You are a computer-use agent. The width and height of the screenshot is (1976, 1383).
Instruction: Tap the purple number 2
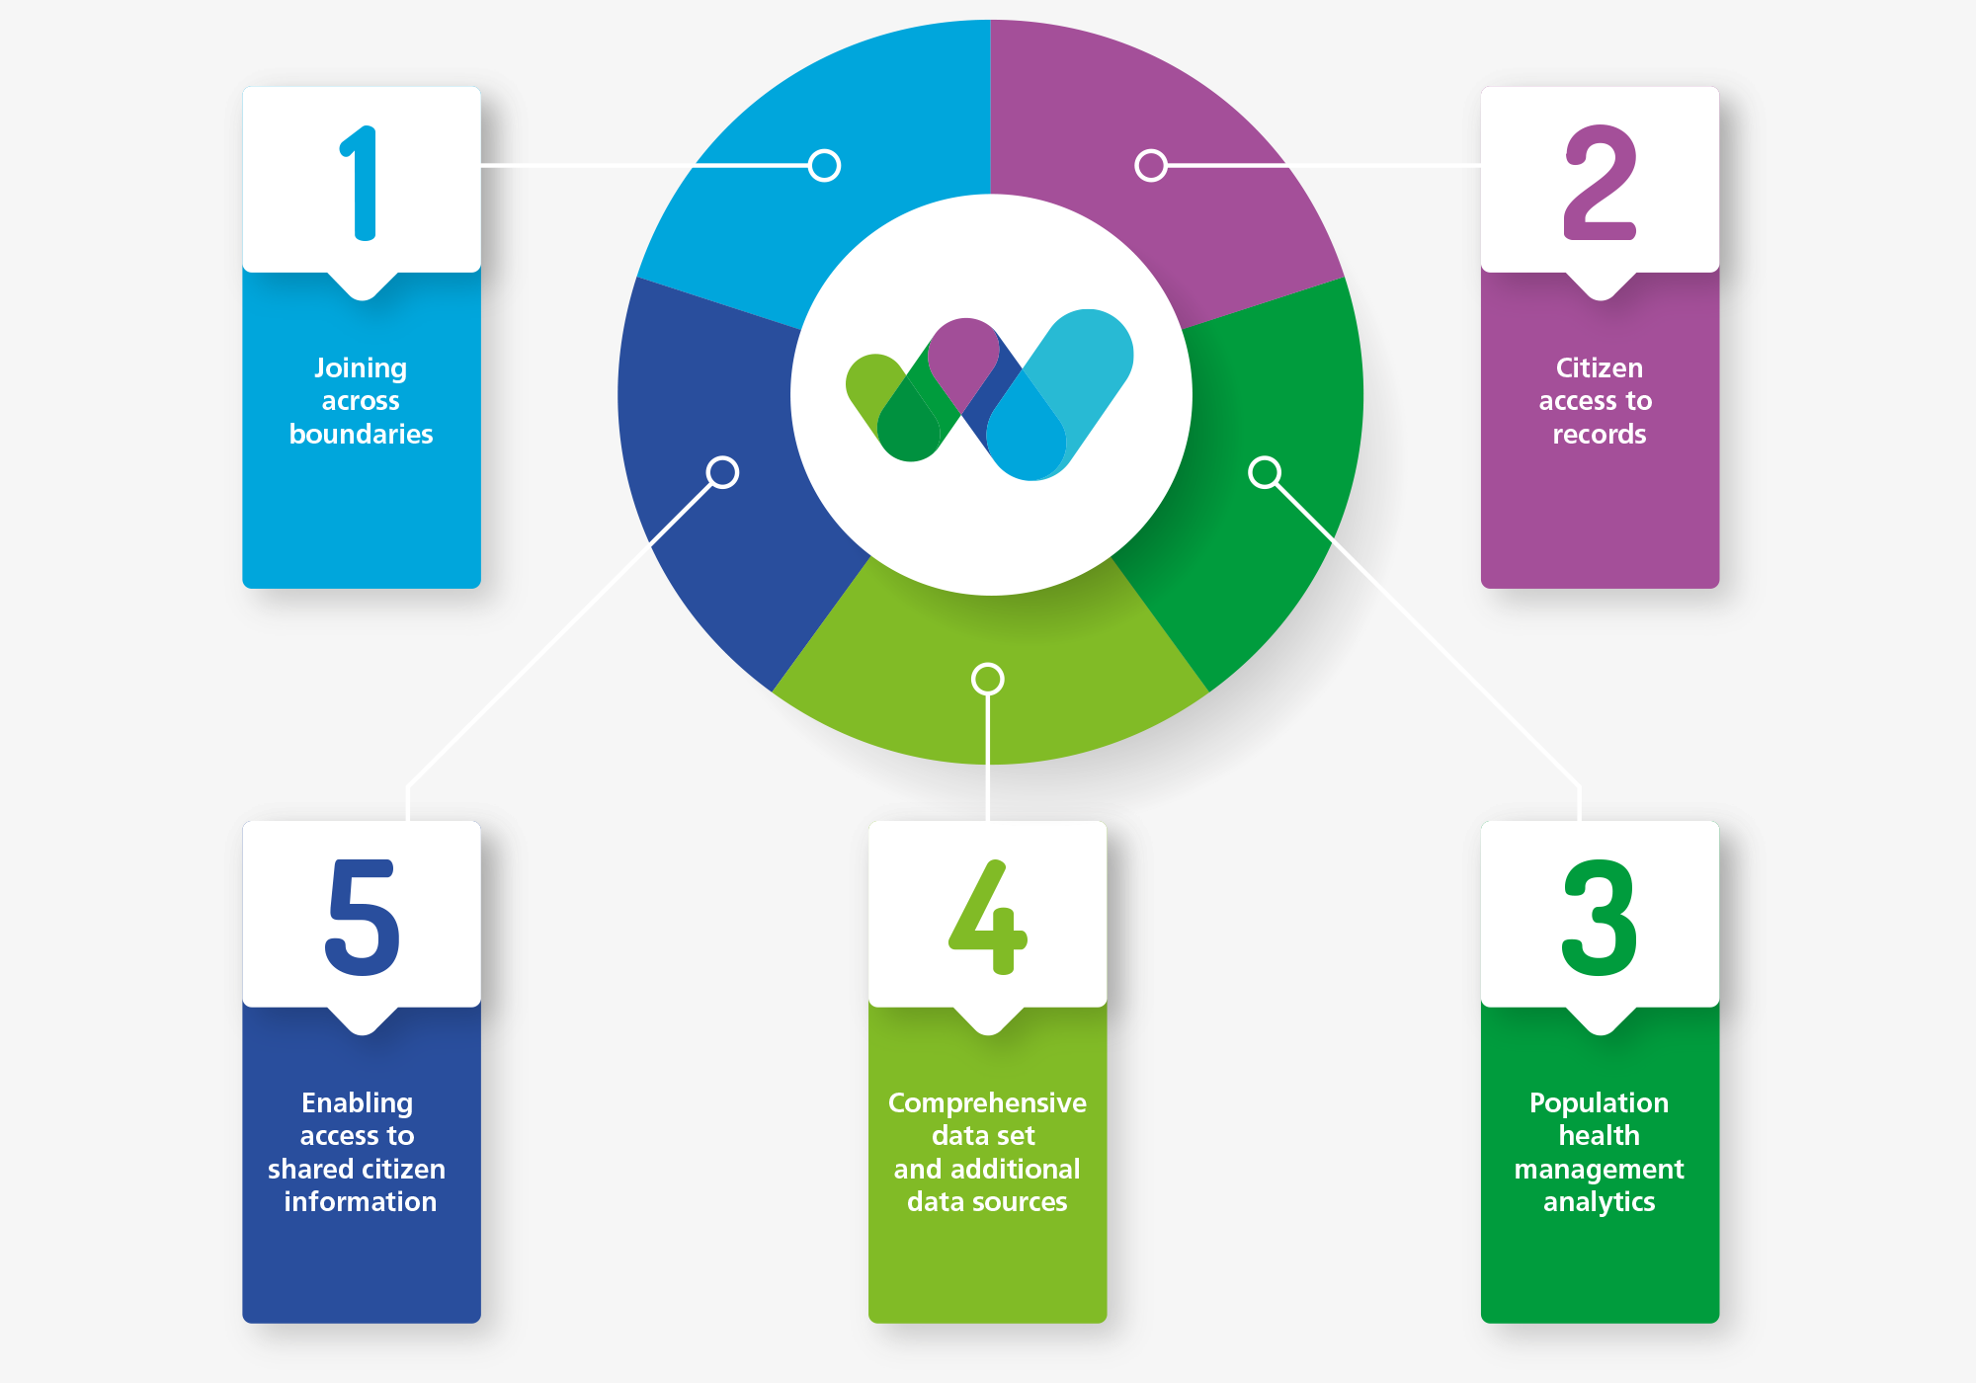[x=1600, y=184]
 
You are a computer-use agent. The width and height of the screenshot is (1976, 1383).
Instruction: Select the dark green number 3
[x=1600, y=918]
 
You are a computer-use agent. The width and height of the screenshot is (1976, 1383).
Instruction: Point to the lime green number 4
[x=988, y=918]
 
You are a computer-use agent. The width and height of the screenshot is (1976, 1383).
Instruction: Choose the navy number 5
[x=363, y=918]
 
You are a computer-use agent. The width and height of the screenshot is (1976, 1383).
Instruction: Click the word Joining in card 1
[x=361, y=368]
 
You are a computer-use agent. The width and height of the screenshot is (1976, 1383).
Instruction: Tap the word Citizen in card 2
[x=1600, y=368]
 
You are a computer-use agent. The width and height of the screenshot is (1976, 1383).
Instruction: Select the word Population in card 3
[x=1599, y=1102]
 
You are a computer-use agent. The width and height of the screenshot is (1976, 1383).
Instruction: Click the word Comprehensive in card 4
[x=987, y=1102]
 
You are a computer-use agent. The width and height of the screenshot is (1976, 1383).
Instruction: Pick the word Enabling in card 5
[x=357, y=1102]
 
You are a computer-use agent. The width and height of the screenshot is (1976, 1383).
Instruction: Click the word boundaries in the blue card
[x=361, y=435]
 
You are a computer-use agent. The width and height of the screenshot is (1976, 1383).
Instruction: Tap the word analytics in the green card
[x=1599, y=1202]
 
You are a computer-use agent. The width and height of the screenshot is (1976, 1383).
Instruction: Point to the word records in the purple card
[x=1600, y=435]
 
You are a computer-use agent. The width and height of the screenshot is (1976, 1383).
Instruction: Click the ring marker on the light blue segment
[x=824, y=165]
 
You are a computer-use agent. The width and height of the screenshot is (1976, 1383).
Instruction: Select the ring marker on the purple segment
[x=1151, y=165]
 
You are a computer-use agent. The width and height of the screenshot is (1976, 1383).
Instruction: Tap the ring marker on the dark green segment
[x=1265, y=472]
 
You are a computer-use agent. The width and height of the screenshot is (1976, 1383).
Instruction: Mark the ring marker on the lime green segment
[x=988, y=679]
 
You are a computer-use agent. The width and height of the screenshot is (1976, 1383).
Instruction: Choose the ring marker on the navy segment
[x=722, y=472]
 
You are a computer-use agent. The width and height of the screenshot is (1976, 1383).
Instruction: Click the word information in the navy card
[x=360, y=1202]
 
